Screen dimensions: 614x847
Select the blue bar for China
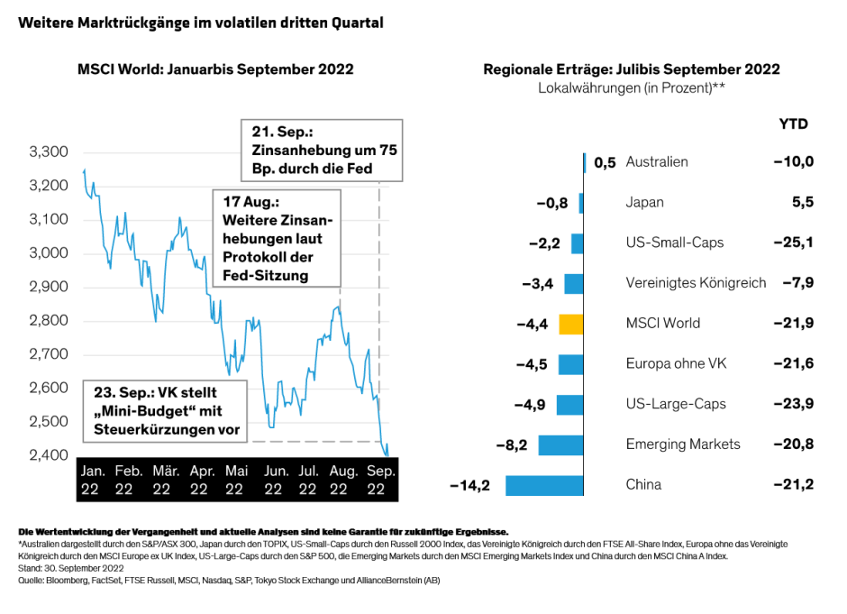point(544,485)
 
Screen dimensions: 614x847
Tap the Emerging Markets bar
point(560,444)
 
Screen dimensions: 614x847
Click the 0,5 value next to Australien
point(605,163)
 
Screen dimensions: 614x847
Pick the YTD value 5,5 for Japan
point(802,203)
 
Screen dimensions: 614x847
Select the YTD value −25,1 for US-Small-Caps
point(793,243)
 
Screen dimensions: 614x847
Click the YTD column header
point(793,124)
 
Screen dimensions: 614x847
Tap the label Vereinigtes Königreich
point(696,283)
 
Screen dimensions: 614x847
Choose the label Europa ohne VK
point(676,364)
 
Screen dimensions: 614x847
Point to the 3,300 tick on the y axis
point(49,152)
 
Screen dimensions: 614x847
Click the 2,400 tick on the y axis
point(49,455)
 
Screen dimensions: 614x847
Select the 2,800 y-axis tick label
point(49,321)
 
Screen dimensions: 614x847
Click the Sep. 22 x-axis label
point(379,480)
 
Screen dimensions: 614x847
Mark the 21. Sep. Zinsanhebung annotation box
point(323,150)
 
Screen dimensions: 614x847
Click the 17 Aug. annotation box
point(277,236)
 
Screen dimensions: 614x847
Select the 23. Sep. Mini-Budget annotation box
point(167,412)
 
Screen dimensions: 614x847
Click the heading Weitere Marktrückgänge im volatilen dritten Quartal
point(201,23)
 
